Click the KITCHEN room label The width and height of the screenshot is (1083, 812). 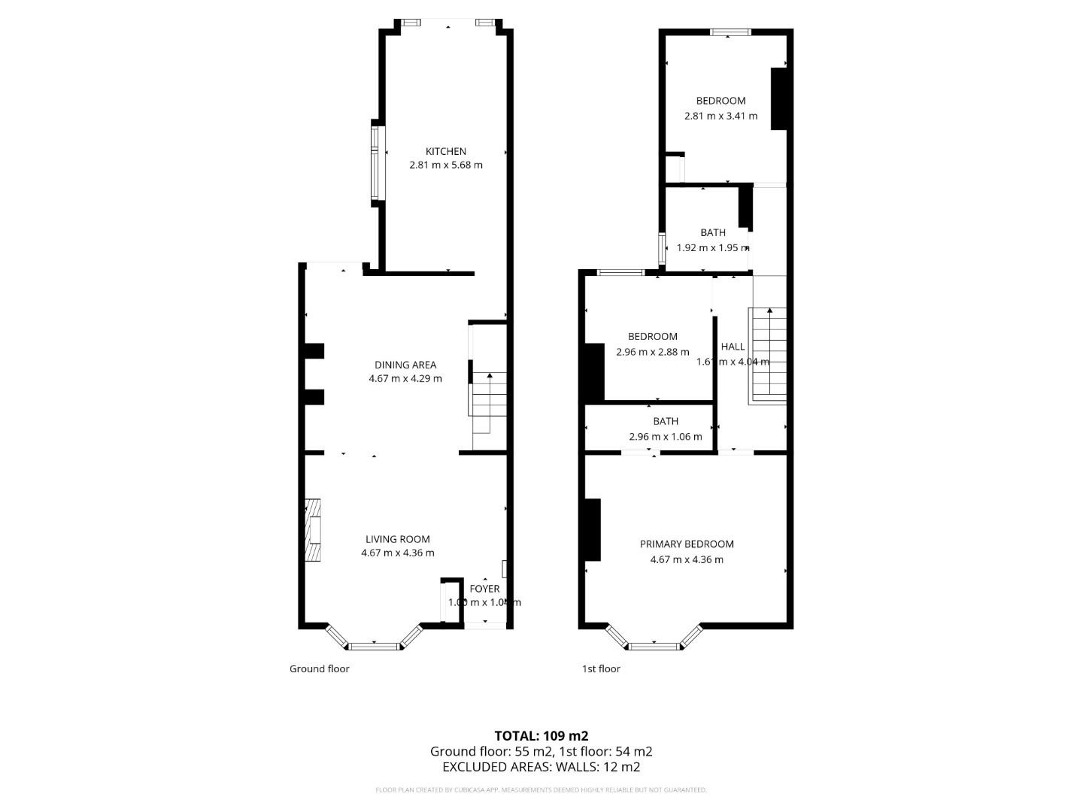tap(445, 151)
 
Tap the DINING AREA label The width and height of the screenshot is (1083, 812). tap(405, 365)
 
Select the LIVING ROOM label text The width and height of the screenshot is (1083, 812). tap(397, 539)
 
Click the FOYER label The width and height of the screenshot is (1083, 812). tap(484, 589)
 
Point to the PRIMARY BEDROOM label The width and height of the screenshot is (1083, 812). tap(686, 544)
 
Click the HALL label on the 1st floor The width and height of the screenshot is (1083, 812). tap(733, 347)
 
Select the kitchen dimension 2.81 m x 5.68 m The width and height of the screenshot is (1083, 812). tap(445, 165)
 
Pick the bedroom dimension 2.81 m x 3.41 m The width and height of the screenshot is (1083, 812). tap(720, 116)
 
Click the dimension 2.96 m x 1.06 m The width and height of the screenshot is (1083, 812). tap(665, 437)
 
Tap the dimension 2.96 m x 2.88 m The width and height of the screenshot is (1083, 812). tap(652, 351)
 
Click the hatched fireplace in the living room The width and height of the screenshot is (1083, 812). tap(313, 530)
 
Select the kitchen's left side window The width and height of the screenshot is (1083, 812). tap(377, 162)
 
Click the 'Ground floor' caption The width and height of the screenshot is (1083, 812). tap(320, 668)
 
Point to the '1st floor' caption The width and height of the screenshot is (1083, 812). tap(601, 668)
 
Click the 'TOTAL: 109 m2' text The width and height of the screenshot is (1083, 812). tap(541, 736)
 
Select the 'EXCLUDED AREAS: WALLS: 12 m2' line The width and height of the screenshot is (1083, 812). tap(541, 767)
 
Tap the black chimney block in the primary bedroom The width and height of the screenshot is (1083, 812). tap(593, 529)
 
